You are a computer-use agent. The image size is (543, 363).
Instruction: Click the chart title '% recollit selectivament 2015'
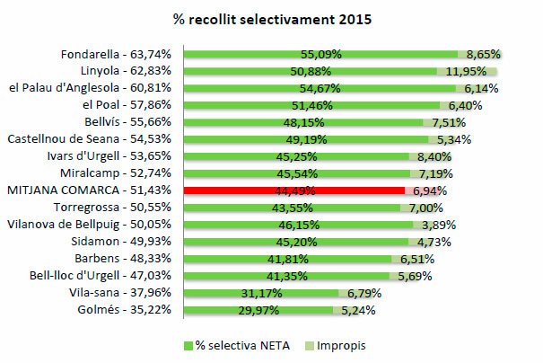[271, 18]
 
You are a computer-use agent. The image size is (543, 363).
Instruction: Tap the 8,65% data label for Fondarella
[479, 54]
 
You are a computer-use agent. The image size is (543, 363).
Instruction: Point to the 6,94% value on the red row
[429, 191]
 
